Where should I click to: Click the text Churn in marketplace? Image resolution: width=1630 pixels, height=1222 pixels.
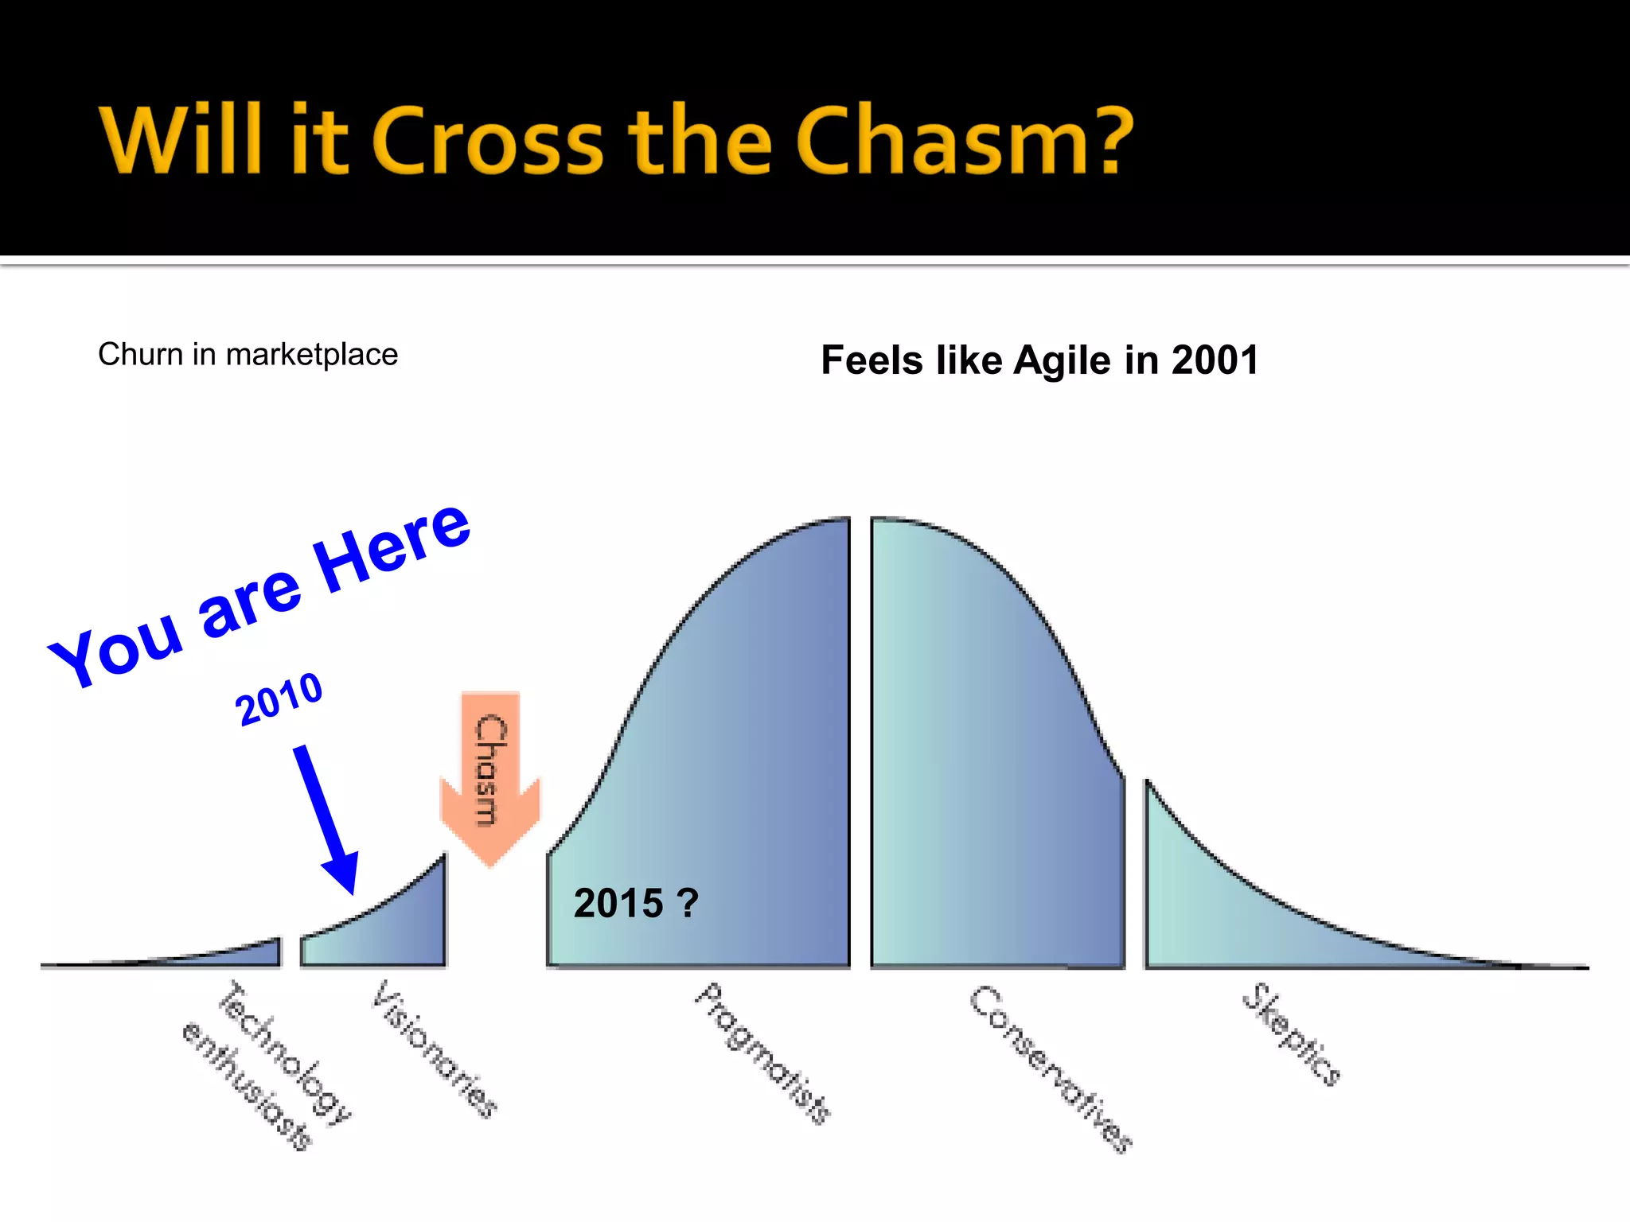[x=248, y=355]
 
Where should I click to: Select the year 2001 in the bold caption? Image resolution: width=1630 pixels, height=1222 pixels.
[x=1215, y=360]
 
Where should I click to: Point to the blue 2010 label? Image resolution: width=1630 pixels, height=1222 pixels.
[x=279, y=698]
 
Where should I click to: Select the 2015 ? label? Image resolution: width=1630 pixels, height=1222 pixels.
[x=635, y=904]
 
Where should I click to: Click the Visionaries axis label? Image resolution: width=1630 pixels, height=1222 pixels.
[x=435, y=1049]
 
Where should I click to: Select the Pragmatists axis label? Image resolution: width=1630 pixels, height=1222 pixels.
[x=762, y=1053]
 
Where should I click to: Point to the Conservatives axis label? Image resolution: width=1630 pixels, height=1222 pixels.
[x=1049, y=1068]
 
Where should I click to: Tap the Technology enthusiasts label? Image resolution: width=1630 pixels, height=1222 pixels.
[x=267, y=1066]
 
